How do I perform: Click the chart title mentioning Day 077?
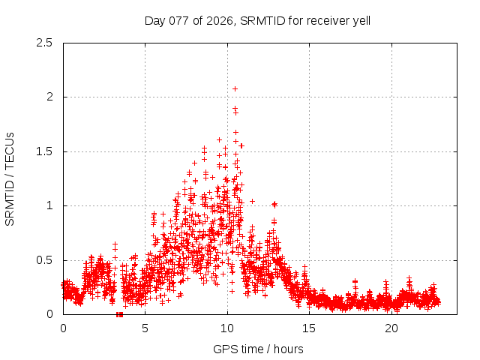click(257, 20)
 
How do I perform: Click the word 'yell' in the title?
click(360, 20)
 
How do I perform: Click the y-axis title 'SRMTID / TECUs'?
click(10, 178)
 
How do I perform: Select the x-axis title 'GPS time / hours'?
click(257, 349)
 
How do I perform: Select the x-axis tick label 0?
click(63, 328)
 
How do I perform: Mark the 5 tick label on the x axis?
click(145, 328)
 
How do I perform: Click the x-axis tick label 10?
click(227, 328)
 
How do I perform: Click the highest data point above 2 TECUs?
click(235, 88)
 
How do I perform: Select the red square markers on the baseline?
click(119, 313)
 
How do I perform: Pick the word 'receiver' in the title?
click(325, 20)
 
